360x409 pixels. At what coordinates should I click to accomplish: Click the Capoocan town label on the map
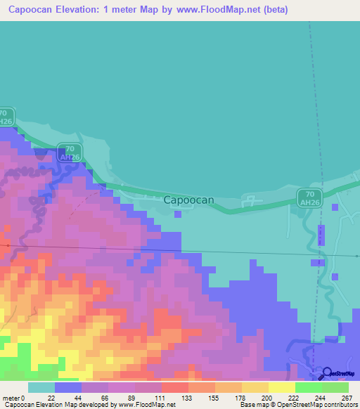point(188,200)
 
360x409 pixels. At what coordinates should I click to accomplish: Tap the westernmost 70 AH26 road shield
point(6,117)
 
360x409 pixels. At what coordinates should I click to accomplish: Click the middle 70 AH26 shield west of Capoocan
point(68,153)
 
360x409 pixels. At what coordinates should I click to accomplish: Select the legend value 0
point(23,397)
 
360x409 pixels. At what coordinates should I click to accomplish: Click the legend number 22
point(51,397)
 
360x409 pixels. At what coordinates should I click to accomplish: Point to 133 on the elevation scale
point(186,397)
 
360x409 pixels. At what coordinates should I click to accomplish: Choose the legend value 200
point(268,397)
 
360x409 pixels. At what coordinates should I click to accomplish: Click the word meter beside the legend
point(10,397)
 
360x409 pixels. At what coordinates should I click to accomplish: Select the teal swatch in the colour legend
point(41,387)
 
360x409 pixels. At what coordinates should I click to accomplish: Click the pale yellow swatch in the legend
point(281,387)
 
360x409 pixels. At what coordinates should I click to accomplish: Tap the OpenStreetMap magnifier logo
point(328,373)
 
